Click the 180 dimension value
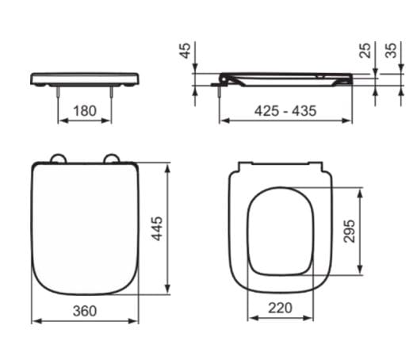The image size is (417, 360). pyautogui.click(x=86, y=111)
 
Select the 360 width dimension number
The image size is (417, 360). pyautogui.click(x=85, y=311)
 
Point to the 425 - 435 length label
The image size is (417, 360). pyautogui.click(x=285, y=111)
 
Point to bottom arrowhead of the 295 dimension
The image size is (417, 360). pyautogui.click(x=363, y=269)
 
